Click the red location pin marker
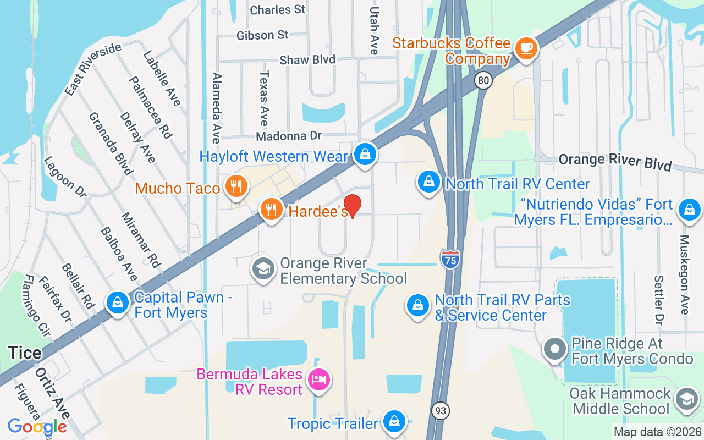click(x=352, y=206)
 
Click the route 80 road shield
click(x=483, y=81)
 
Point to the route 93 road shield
click(x=441, y=410)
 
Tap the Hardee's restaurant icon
click(x=271, y=210)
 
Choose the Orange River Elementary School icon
click(x=263, y=269)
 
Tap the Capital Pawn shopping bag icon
click(x=117, y=303)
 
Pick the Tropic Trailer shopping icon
click(x=394, y=422)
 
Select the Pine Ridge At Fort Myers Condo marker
click(x=555, y=350)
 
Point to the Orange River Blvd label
click(x=615, y=162)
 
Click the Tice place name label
click(x=25, y=353)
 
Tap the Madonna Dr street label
click(x=288, y=135)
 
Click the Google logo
click(x=37, y=427)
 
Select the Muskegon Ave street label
click(x=684, y=275)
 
